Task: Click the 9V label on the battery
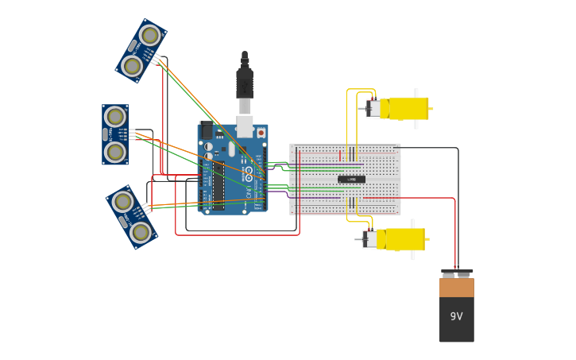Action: coord(456,316)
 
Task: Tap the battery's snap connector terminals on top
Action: coord(456,274)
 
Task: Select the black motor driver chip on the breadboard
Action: coord(351,180)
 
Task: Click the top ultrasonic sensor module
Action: coord(141,51)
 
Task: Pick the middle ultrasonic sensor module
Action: coord(115,134)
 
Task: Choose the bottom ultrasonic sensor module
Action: coord(132,217)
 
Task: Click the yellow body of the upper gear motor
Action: coord(408,108)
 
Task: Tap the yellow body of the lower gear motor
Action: coord(404,239)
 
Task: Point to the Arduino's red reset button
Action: coord(261,133)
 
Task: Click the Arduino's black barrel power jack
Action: coord(207,131)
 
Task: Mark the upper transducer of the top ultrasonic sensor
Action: coord(149,35)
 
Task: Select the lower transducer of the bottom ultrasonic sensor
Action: coord(141,232)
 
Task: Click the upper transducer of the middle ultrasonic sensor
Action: coord(115,117)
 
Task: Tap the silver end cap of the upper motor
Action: coord(373,108)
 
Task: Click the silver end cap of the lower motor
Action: coord(369,239)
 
